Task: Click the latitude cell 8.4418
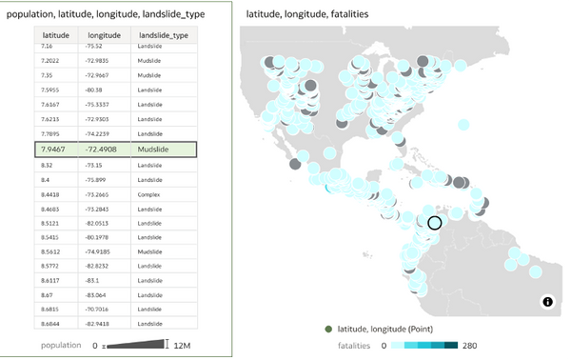click(51, 193)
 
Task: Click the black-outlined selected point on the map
click(435, 223)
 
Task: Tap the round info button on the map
click(548, 302)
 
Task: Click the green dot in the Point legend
click(328, 330)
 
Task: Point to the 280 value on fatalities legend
click(470, 344)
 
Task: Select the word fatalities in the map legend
click(358, 344)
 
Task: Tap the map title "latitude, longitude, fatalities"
click(306, 14)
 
